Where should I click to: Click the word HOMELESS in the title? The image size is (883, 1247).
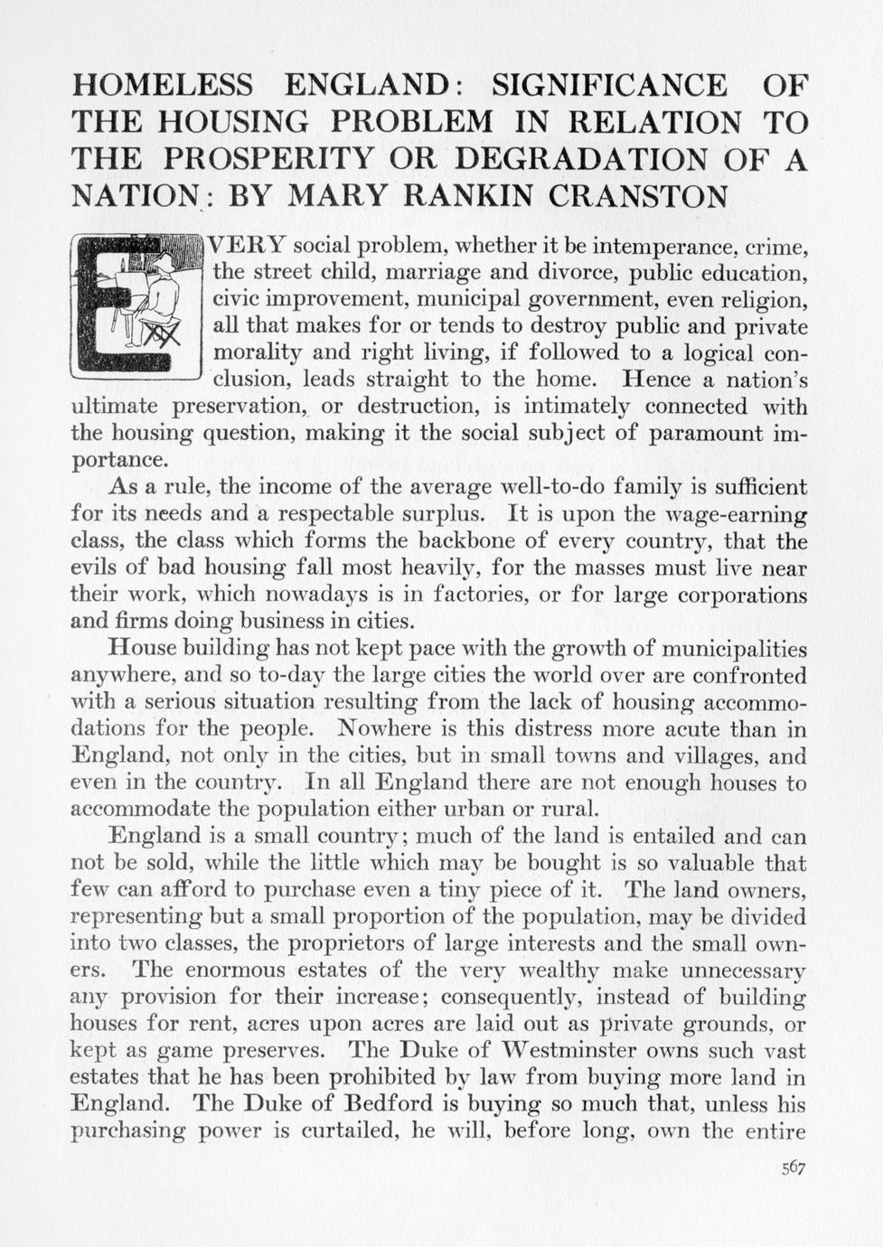pyautogui.click(x=162, y=85)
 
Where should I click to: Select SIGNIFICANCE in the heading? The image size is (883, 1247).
pyautogui.click(x=608, y=85)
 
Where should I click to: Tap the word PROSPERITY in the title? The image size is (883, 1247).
pyautogui.click(x=268, y=159)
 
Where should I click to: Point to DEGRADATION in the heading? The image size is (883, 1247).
pyautogui.click(x=582, y=159)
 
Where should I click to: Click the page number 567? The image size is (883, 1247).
pyautogui.click(x=793, y=1167)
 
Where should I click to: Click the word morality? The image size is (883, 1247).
pyautogui.click(x=256, y=352)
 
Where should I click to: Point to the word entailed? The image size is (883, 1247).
pyautogui.click(x=668, y=836)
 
